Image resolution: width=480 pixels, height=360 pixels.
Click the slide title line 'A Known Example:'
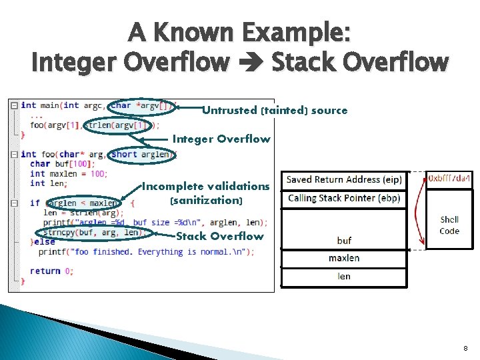(x=239, y=31)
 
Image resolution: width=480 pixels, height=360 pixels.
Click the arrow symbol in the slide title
(x=251, y=63)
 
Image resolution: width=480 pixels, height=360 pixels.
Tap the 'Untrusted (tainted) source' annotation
(x=275, y=111)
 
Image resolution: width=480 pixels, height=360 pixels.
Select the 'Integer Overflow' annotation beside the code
(x=221, y=139)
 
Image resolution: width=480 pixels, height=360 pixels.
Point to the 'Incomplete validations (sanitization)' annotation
(x=206, y=193)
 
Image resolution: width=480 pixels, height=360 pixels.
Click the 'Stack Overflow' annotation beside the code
(x=219, y=236)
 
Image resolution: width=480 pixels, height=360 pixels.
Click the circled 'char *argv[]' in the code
(x=143, y=105)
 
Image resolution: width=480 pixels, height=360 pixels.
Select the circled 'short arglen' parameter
(x=142, y=155)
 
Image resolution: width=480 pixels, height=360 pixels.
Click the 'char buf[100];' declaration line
(x=58, y=164)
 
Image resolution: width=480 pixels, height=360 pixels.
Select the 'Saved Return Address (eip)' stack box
(x=343, y=180)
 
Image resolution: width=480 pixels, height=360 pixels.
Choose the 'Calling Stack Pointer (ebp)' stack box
(x=343, y=199)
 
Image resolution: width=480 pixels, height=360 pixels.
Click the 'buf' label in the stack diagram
(x=344, y=241)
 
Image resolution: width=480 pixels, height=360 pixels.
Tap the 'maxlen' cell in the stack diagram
(x=344, y=258)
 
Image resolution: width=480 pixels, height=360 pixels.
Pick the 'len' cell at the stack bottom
(x=344, y=276)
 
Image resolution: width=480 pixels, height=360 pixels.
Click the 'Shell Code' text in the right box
(x=449, y=225)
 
